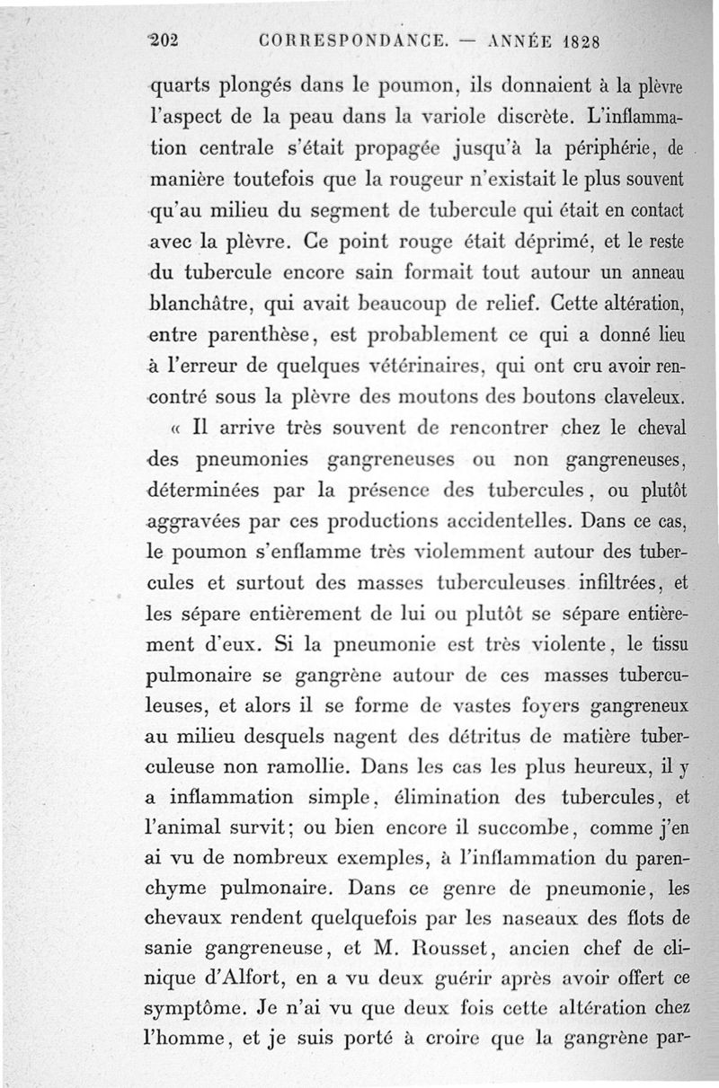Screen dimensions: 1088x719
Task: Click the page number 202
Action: click(x=164, y=40)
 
